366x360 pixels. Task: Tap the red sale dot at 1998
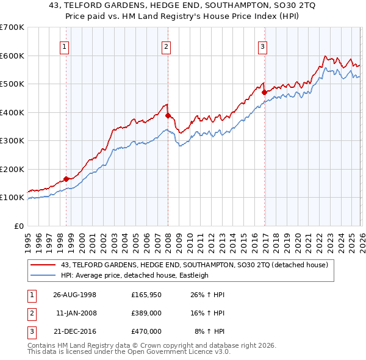66,179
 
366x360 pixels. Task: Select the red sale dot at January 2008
168,115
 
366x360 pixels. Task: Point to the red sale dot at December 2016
264,93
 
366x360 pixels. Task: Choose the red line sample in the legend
43,265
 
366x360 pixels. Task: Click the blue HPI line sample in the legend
43,275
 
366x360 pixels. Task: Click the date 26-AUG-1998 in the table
74,295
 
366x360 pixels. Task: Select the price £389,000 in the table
146,313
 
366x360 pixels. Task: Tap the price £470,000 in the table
146,331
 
